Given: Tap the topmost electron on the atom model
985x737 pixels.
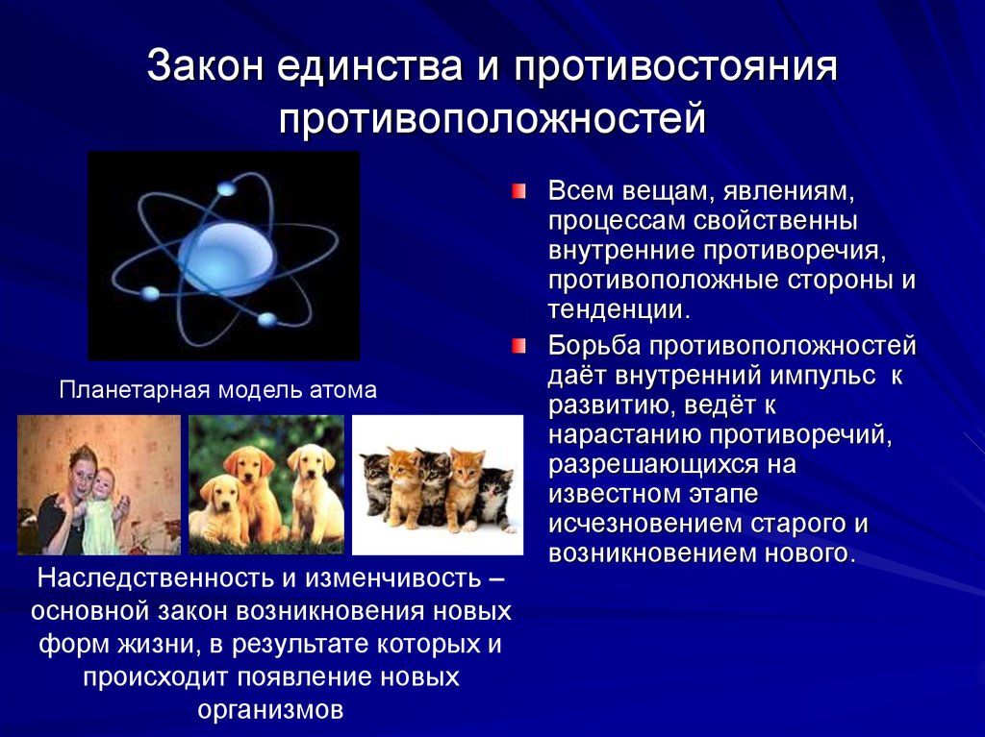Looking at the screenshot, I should [225, 189].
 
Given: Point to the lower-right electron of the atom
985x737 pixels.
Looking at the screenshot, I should [266, 318].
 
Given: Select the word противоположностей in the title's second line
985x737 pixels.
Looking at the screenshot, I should [492, 120].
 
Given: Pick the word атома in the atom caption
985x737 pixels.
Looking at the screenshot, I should [342, 390].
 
